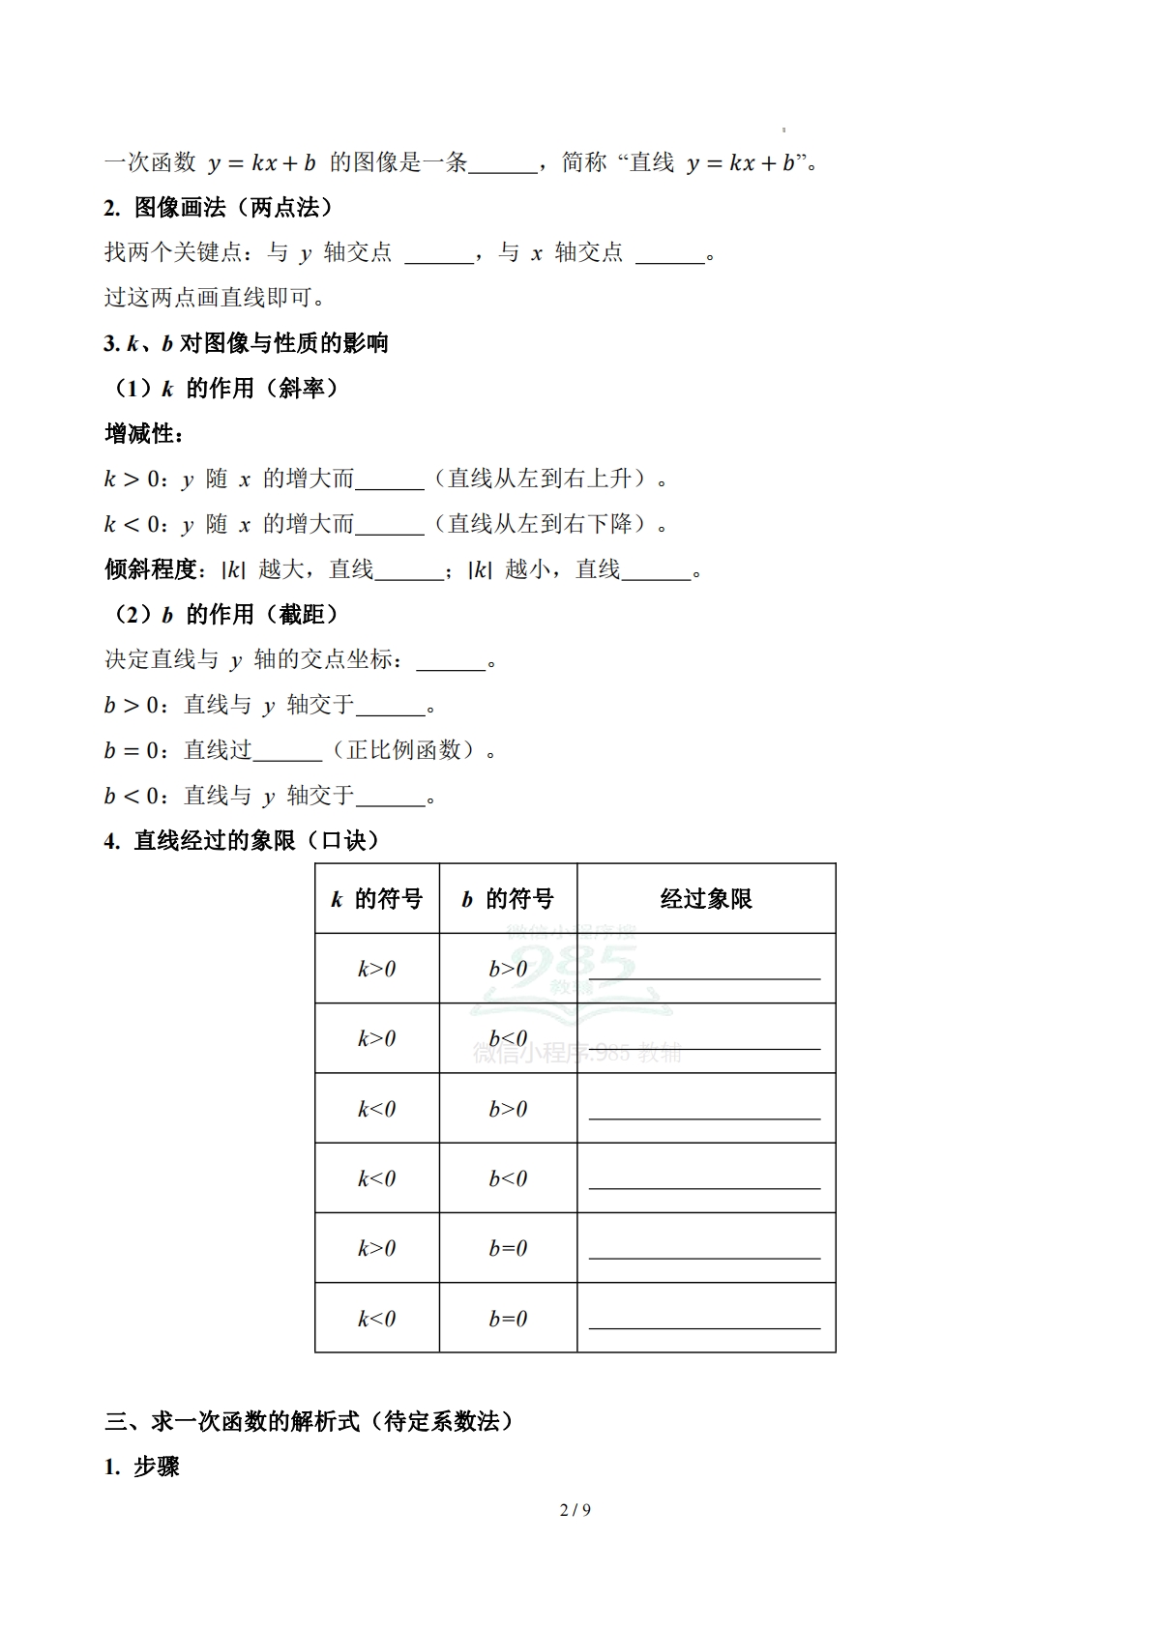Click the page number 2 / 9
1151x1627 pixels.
pyautogui.click(x=575, y=1510)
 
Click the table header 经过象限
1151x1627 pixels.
pyautogui.click(x=706, y=899)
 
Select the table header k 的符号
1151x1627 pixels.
pyautogui.click(x=376, y=899)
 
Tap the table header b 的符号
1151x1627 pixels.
pyautogui.click(x=508, y=899)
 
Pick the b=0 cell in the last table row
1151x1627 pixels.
pyautogui.click(x=508, y=1319)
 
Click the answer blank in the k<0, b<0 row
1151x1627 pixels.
pyautogui.click(x=704, y=1181)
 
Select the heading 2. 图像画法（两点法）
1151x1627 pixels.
pyautogui.click(x=219, y=207)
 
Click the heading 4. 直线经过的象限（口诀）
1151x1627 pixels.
pyautogui.click(x=242, y=841)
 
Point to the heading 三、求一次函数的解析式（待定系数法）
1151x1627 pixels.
pyautogui.click(x=310, y=1421)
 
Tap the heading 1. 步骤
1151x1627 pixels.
pyautogui.click(x=142, y=1467)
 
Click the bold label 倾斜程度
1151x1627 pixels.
pyautogui.click(x=151, y=569)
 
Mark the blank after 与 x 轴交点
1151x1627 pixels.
pyautogui.click(x=670, y=255)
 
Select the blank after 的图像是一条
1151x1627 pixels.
pyautogui.click(x=503, y=165)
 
